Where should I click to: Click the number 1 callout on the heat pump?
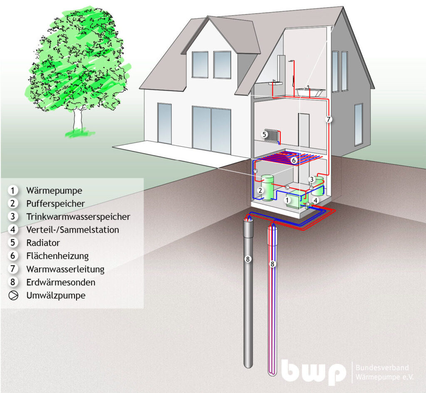[287, 200]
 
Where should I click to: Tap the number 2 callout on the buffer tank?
[260, 190]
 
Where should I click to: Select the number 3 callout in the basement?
[312, 179]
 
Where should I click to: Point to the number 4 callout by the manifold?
[315, 201]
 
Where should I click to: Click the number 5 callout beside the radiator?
[264, 134]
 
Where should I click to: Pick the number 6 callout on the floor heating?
[293, 161]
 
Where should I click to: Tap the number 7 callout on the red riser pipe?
[329, 119]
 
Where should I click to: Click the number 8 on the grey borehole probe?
[248, 259]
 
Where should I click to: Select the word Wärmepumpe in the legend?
[54, 191]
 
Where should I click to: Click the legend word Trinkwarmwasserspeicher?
[78, 216]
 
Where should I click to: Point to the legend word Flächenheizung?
[57, 256]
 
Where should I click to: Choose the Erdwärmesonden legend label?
[61, 282]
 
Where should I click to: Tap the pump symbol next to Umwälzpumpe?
[13, 295]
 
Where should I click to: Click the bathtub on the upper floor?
[310, 92]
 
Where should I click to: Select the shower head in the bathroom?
[291, 61]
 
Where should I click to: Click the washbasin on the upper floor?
[275, 83]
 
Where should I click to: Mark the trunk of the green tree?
[77, 119]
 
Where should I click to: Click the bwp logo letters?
[314, 371]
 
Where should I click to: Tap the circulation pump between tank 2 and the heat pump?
[286, 187]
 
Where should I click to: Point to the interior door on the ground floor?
[304, 131]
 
